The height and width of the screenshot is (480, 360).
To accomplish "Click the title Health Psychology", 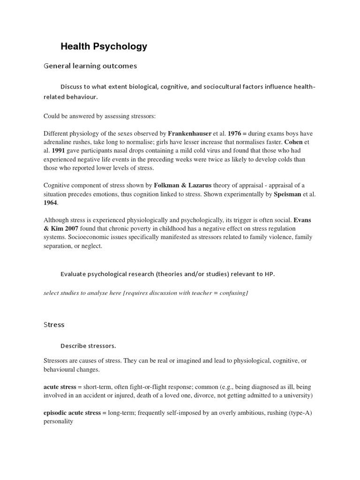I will pos(104,46).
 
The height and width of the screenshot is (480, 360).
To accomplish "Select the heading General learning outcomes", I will pos(90,66).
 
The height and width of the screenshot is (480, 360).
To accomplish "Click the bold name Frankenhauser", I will pos(189,134).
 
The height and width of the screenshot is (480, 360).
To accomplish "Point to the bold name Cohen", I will pos(293,142).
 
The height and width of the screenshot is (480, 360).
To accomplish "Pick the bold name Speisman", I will pos(290,194).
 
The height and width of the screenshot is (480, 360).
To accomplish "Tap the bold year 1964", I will pos(50,202).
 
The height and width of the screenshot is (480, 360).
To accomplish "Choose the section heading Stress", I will pos(54,324).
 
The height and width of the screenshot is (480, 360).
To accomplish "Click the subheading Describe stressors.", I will pos(88,346).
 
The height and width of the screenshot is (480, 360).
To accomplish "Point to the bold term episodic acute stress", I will pos(72,413).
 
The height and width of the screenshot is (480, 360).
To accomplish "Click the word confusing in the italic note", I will pos(230,293).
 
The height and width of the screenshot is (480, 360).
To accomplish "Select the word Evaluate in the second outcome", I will pos(74,274).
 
